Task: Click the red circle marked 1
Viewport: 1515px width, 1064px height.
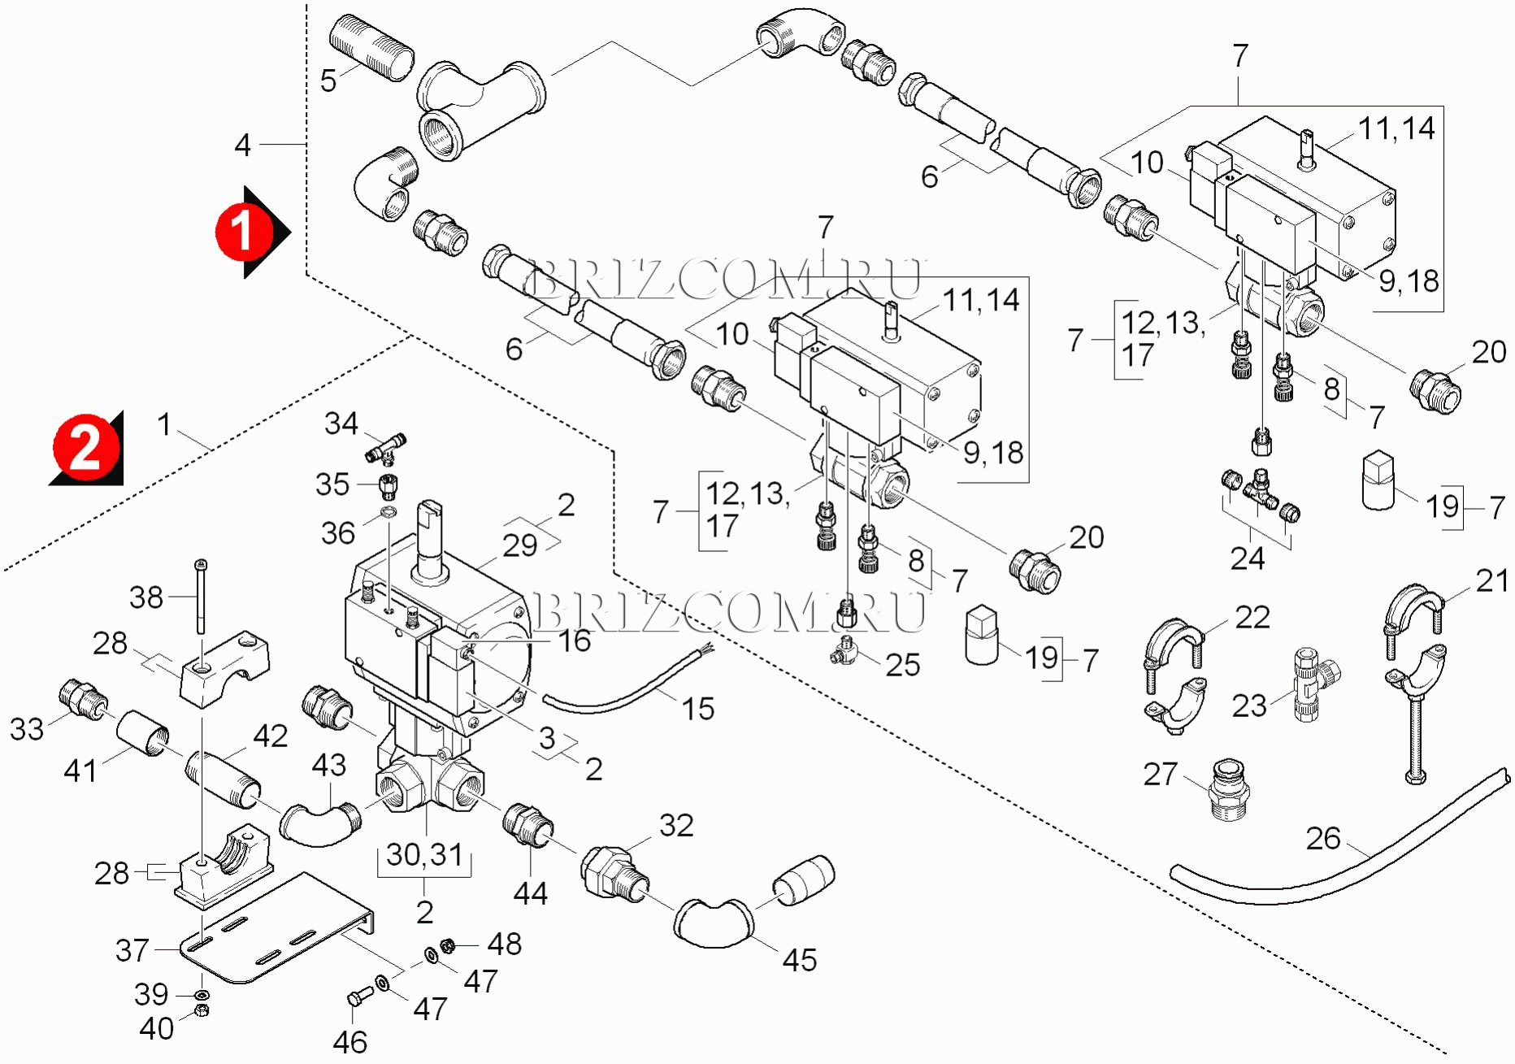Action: [241, 232]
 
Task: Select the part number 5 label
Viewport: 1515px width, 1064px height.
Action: [328, 81]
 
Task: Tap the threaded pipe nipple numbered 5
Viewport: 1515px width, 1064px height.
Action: [372, 47]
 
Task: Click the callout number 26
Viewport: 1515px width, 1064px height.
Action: [1322, 838]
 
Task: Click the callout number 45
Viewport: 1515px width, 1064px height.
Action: [799, 960]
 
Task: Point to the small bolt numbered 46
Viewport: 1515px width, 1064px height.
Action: [358, 996]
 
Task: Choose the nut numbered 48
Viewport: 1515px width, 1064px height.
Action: [446, 945]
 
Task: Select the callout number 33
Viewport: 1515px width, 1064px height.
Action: [27, 729]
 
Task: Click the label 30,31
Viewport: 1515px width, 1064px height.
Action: [424, 854]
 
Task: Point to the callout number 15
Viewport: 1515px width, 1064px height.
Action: [697, 709]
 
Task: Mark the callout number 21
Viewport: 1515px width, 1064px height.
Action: [1492, 580]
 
